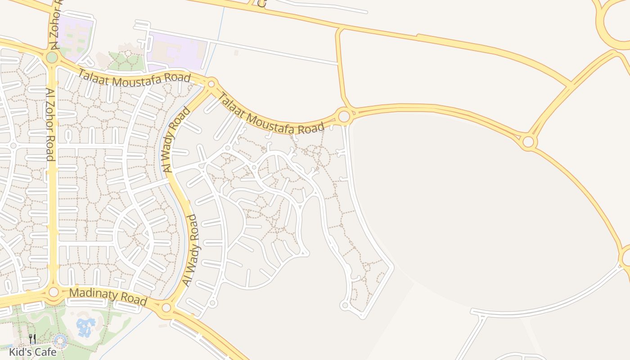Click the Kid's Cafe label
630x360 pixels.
pyautogui.click(x=33, y=351)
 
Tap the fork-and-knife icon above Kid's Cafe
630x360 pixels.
pyautogui.click(x=32, y=339)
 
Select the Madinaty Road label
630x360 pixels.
pyautogui.click(x=108, y=297)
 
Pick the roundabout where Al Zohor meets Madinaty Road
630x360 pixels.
pyautogui.click(x=54, y=292)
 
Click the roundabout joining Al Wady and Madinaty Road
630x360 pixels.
pyautogui.click(x=166, y=308)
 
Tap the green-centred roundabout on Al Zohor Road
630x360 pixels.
pyautogui.click(x=52, y=57)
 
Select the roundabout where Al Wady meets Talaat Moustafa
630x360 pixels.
pyautogui.click(x=211, y=84)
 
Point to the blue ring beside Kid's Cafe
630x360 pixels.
pyautogui.click(x=60, y=341)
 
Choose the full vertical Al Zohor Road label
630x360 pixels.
pyautogui.click(x=50, y=124)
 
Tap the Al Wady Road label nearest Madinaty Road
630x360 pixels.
pyautogui.click(x=190, y=250)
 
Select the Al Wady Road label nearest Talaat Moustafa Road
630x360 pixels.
pyautogui.click(x=175, y=139)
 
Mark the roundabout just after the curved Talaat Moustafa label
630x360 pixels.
pyautogui.click(x=344, y=117)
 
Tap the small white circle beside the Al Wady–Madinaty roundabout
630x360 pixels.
pyautogui.click(x=213, y=303)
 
